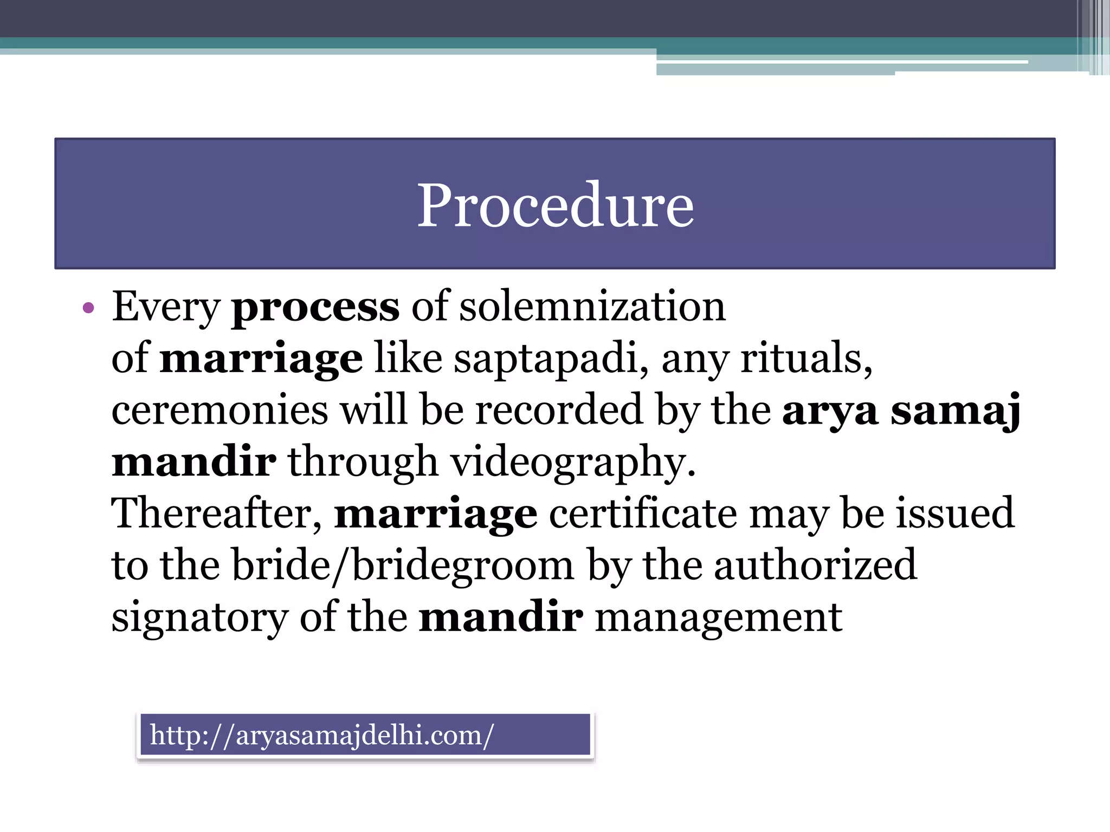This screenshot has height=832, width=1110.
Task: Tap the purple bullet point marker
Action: pos(88,309)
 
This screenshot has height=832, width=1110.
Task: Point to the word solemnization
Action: pos(592,306)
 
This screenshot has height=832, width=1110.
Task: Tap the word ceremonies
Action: pos(220,410)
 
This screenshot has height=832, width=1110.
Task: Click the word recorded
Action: pos(558,410)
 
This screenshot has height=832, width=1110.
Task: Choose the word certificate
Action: pos(643,513)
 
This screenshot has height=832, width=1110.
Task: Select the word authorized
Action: pos(815,564)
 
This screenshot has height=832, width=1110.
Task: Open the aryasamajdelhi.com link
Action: pos(322,736)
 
